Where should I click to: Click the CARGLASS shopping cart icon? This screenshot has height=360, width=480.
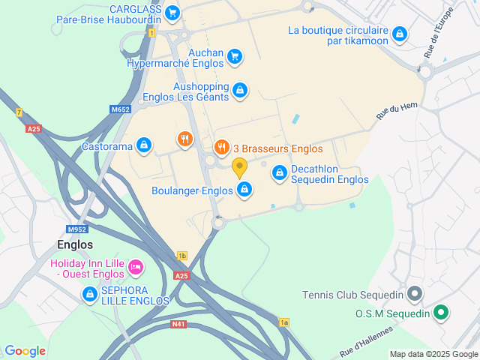pyautogui.click(x=172, y=12)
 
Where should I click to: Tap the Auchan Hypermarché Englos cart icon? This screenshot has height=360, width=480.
pyautogui.click(x=235, y=55)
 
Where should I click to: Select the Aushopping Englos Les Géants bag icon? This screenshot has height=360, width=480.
pyautogui.click(x=239, y=90)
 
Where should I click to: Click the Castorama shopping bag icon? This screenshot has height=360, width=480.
pyautogui.click(x=144, y=145)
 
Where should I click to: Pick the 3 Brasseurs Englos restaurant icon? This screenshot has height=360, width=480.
pyautogui.click(x=221, y=147)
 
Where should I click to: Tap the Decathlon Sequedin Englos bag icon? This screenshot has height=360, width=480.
pyautogui.click(x=280, y=173)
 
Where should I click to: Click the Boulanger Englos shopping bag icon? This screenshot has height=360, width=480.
pyautogui.click(x=244, y=190)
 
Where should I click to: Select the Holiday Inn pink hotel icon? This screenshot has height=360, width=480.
pyautogui.click(x=136, y=266)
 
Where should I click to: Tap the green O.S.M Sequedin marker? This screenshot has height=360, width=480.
pyautogui.click(x=442, y=313)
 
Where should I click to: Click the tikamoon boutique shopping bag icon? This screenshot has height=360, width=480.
pyautogui.click(x=400, y=34)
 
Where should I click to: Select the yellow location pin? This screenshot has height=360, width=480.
pyautogui.click(x=240, y=167)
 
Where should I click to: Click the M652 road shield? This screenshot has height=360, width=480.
pyautogui.click(x=120, y=109)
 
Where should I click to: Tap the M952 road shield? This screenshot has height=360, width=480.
pyautogui.click(x=76, y=229)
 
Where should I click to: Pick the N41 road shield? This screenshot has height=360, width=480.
pyautogui.click(x=178, y=324)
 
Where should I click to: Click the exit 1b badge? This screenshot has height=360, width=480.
pyautogui.click(x=182, y=256)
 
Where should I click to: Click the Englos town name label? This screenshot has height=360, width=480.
pyautogui.click(x=75, y=244)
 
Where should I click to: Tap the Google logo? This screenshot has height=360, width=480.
pyautogui.click(x=25, y=350)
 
